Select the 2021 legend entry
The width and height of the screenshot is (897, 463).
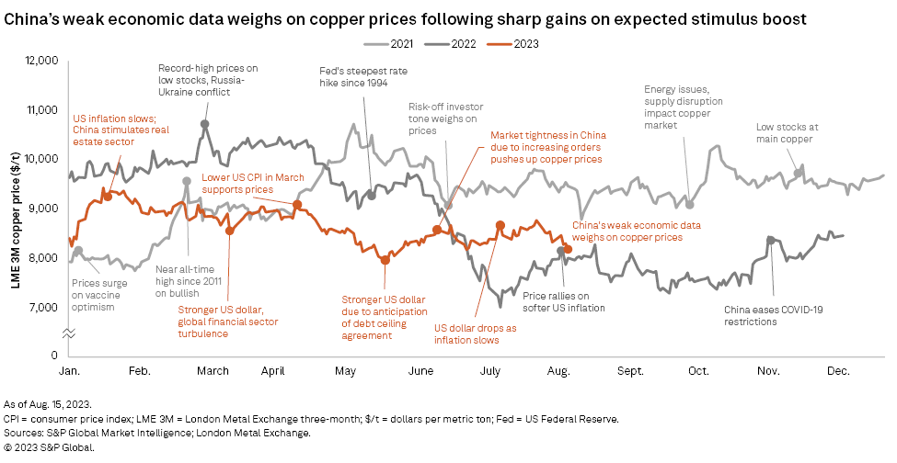pyautogui.click(x=401, y=42)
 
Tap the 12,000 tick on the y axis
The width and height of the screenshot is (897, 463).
pyautogui.click(x=40, y=61)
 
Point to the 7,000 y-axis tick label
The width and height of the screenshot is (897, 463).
pyautogui.click(x=44, y=307)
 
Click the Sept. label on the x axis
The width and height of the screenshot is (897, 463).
pyautogui.click(x=629, y=373)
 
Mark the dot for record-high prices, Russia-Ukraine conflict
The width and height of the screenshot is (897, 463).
pyautogui.click(x=204, y=124)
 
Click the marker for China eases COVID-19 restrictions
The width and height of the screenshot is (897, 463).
pyautogui.click(x=771, y=240)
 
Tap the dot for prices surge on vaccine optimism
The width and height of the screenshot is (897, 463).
pyautogui.click(x=78, y=251)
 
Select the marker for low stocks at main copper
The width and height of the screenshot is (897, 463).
pyautogui.click(x=798, y=173)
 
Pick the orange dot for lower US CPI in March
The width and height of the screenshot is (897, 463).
pyautogui.click(x=297, y=204)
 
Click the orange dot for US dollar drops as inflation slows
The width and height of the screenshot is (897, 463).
pyautogui.click(x=500, y=225)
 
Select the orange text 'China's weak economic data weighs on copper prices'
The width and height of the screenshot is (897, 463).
pyautogui.click(x=628, y=231)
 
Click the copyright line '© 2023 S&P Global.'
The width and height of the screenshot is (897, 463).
pyautogui.click(x=51, y=447)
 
